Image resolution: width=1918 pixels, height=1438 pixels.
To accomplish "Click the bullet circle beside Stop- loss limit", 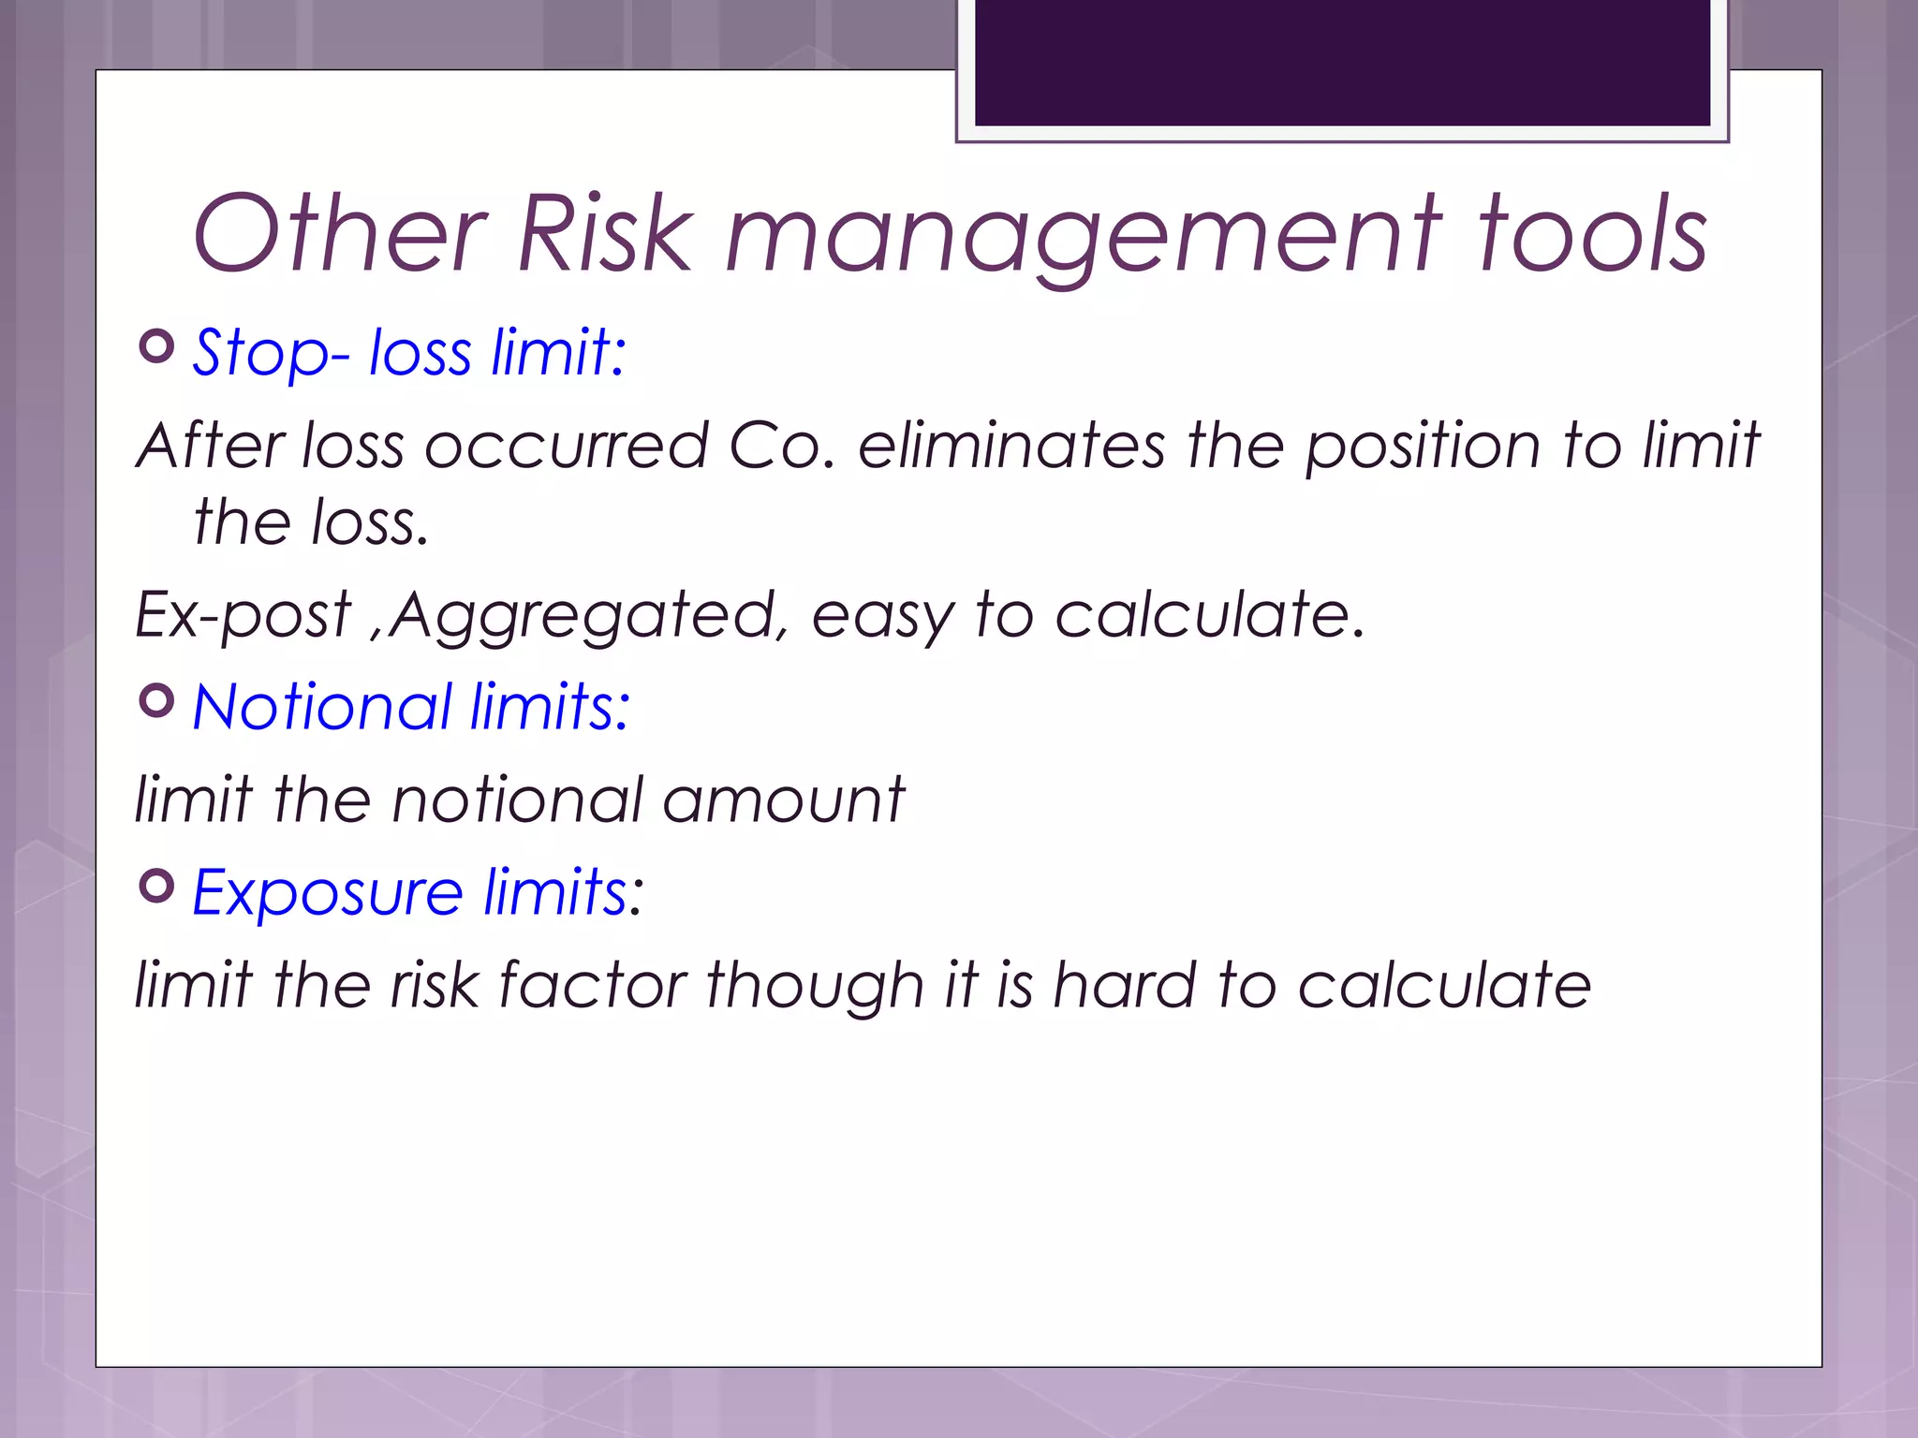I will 156,346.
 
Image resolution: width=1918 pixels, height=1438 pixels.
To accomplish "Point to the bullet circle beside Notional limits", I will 156,700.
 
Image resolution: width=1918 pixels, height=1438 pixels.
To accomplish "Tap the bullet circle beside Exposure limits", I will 156,886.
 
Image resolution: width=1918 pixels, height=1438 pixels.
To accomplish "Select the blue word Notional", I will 323,707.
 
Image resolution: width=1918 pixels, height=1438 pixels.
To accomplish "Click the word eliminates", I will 1011,445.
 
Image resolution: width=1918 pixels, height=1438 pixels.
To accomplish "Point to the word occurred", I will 567,445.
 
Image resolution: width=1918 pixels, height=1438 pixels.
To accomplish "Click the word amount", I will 783,800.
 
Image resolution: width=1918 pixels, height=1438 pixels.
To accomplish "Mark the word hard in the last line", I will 1124,985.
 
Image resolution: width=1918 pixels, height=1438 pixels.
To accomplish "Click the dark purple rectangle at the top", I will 1342,62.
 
